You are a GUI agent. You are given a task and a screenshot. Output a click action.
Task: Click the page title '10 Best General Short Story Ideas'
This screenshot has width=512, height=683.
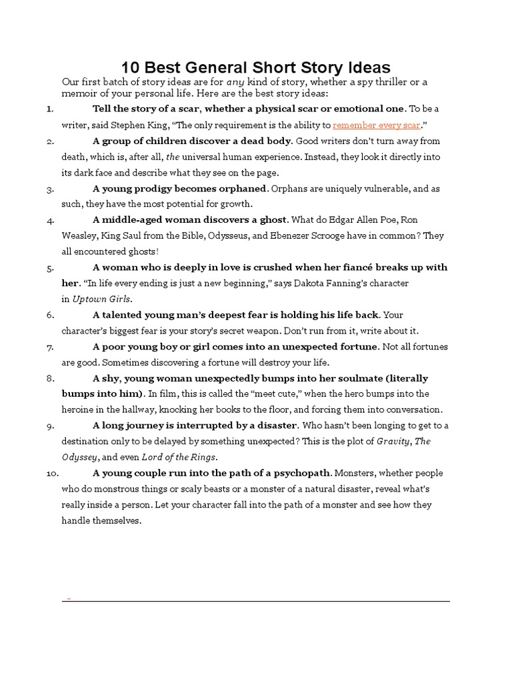click(x=255, y=67)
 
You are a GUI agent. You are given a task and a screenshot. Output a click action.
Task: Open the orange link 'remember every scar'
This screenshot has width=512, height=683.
click(x=376, y=125)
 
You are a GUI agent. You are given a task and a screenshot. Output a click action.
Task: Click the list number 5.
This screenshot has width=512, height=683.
click(x=51, y=268)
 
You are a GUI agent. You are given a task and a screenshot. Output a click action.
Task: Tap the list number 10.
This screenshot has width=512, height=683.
click(x=53, y=474)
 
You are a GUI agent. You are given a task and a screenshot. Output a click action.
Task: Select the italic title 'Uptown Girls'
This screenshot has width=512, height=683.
click(x=101, y=299)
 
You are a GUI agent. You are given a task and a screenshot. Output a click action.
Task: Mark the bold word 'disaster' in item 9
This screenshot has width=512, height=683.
click(x=275, y=426)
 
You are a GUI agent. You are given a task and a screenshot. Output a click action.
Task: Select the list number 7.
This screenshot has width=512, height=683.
click(x=51, y=347)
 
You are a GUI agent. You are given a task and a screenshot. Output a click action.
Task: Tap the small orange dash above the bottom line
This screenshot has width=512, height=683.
click(x=68, y=599)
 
